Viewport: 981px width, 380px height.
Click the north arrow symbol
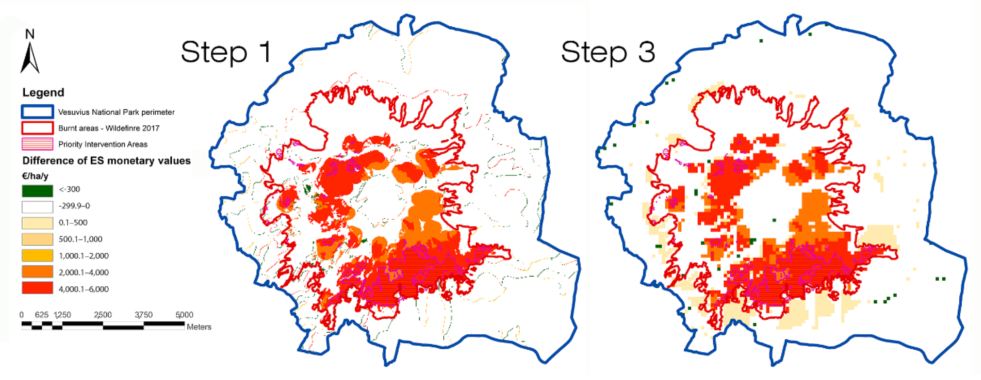click(30, 57)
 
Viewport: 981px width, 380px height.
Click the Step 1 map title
click(226, 53)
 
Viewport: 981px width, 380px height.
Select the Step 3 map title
click(608, 53)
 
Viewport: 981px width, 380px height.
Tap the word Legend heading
click(43, 92)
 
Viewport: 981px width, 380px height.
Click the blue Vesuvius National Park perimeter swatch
click(37, 112)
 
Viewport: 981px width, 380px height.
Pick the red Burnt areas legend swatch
click(37, 128)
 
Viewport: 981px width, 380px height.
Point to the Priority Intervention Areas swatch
click(37, 144)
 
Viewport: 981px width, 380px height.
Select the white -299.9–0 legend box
click(37, 207)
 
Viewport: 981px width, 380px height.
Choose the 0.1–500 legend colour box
click(37, 223)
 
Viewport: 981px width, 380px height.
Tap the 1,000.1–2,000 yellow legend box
click(37, 255)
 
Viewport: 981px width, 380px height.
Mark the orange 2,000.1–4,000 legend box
click(37, 272)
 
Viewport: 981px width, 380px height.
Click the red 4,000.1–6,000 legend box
click(37, 288)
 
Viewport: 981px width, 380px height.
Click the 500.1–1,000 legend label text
click(80, 239)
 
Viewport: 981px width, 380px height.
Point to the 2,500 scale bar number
click(103, 315)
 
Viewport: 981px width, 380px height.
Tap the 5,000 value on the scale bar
click(184, 315)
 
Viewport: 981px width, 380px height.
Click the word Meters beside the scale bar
click(199, 327)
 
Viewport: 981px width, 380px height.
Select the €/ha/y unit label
click(35, 176)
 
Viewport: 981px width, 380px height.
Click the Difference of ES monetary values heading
click(106, 161)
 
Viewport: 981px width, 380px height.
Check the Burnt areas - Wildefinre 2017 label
click(109, 128)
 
